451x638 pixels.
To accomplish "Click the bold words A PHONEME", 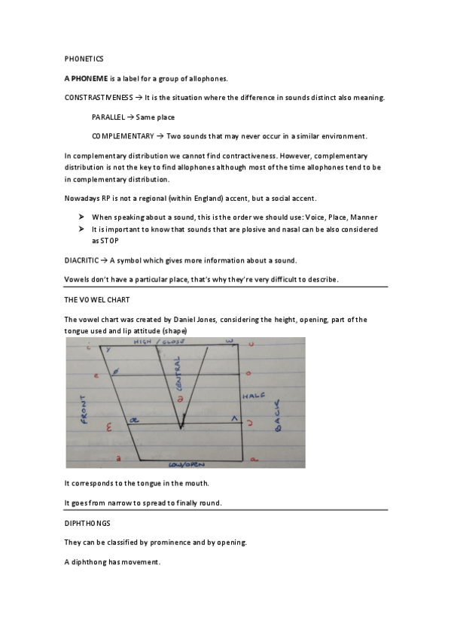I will [x=87, y=78].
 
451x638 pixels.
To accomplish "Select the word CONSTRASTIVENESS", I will [x=97, y=98].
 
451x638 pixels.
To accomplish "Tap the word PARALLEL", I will [x=108, y=117].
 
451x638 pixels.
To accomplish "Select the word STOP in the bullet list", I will [x=101, y=241].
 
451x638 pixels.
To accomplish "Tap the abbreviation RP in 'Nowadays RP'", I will [x=107, y=198].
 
